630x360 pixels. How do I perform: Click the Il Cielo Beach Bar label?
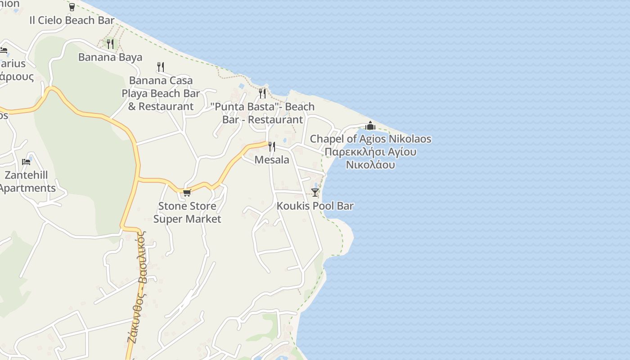click(72, 20)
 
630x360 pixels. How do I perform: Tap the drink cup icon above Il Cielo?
click(72, 7)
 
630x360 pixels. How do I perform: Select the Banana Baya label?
click(110, 57)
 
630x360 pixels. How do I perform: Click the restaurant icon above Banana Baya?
click(110, 44)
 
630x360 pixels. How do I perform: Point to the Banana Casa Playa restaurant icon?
click(161, 67)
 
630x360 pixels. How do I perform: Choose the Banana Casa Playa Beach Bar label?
click(161, 94)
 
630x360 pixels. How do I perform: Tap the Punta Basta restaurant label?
click(263, 113)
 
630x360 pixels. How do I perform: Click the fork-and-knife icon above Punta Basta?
click(262, 93)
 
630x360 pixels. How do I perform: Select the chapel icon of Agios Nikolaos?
click(370, 126)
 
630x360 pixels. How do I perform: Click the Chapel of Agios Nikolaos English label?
click(370, 139)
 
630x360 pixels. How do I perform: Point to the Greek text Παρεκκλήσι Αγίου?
click(370, 152)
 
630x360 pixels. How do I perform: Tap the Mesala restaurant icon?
click(272, 147)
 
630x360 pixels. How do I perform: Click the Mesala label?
click(272, 160)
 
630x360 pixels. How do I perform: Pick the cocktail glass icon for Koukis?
click(315, 193)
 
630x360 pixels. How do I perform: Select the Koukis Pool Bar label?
click(315, 206)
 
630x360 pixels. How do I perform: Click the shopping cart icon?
click(187, 193)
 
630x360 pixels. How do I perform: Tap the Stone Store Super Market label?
click(187, 212)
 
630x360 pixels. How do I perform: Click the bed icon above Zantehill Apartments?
click(26, 162)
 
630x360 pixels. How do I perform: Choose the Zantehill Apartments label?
click(27, 181)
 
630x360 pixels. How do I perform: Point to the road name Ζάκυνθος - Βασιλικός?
click(137, 288)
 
